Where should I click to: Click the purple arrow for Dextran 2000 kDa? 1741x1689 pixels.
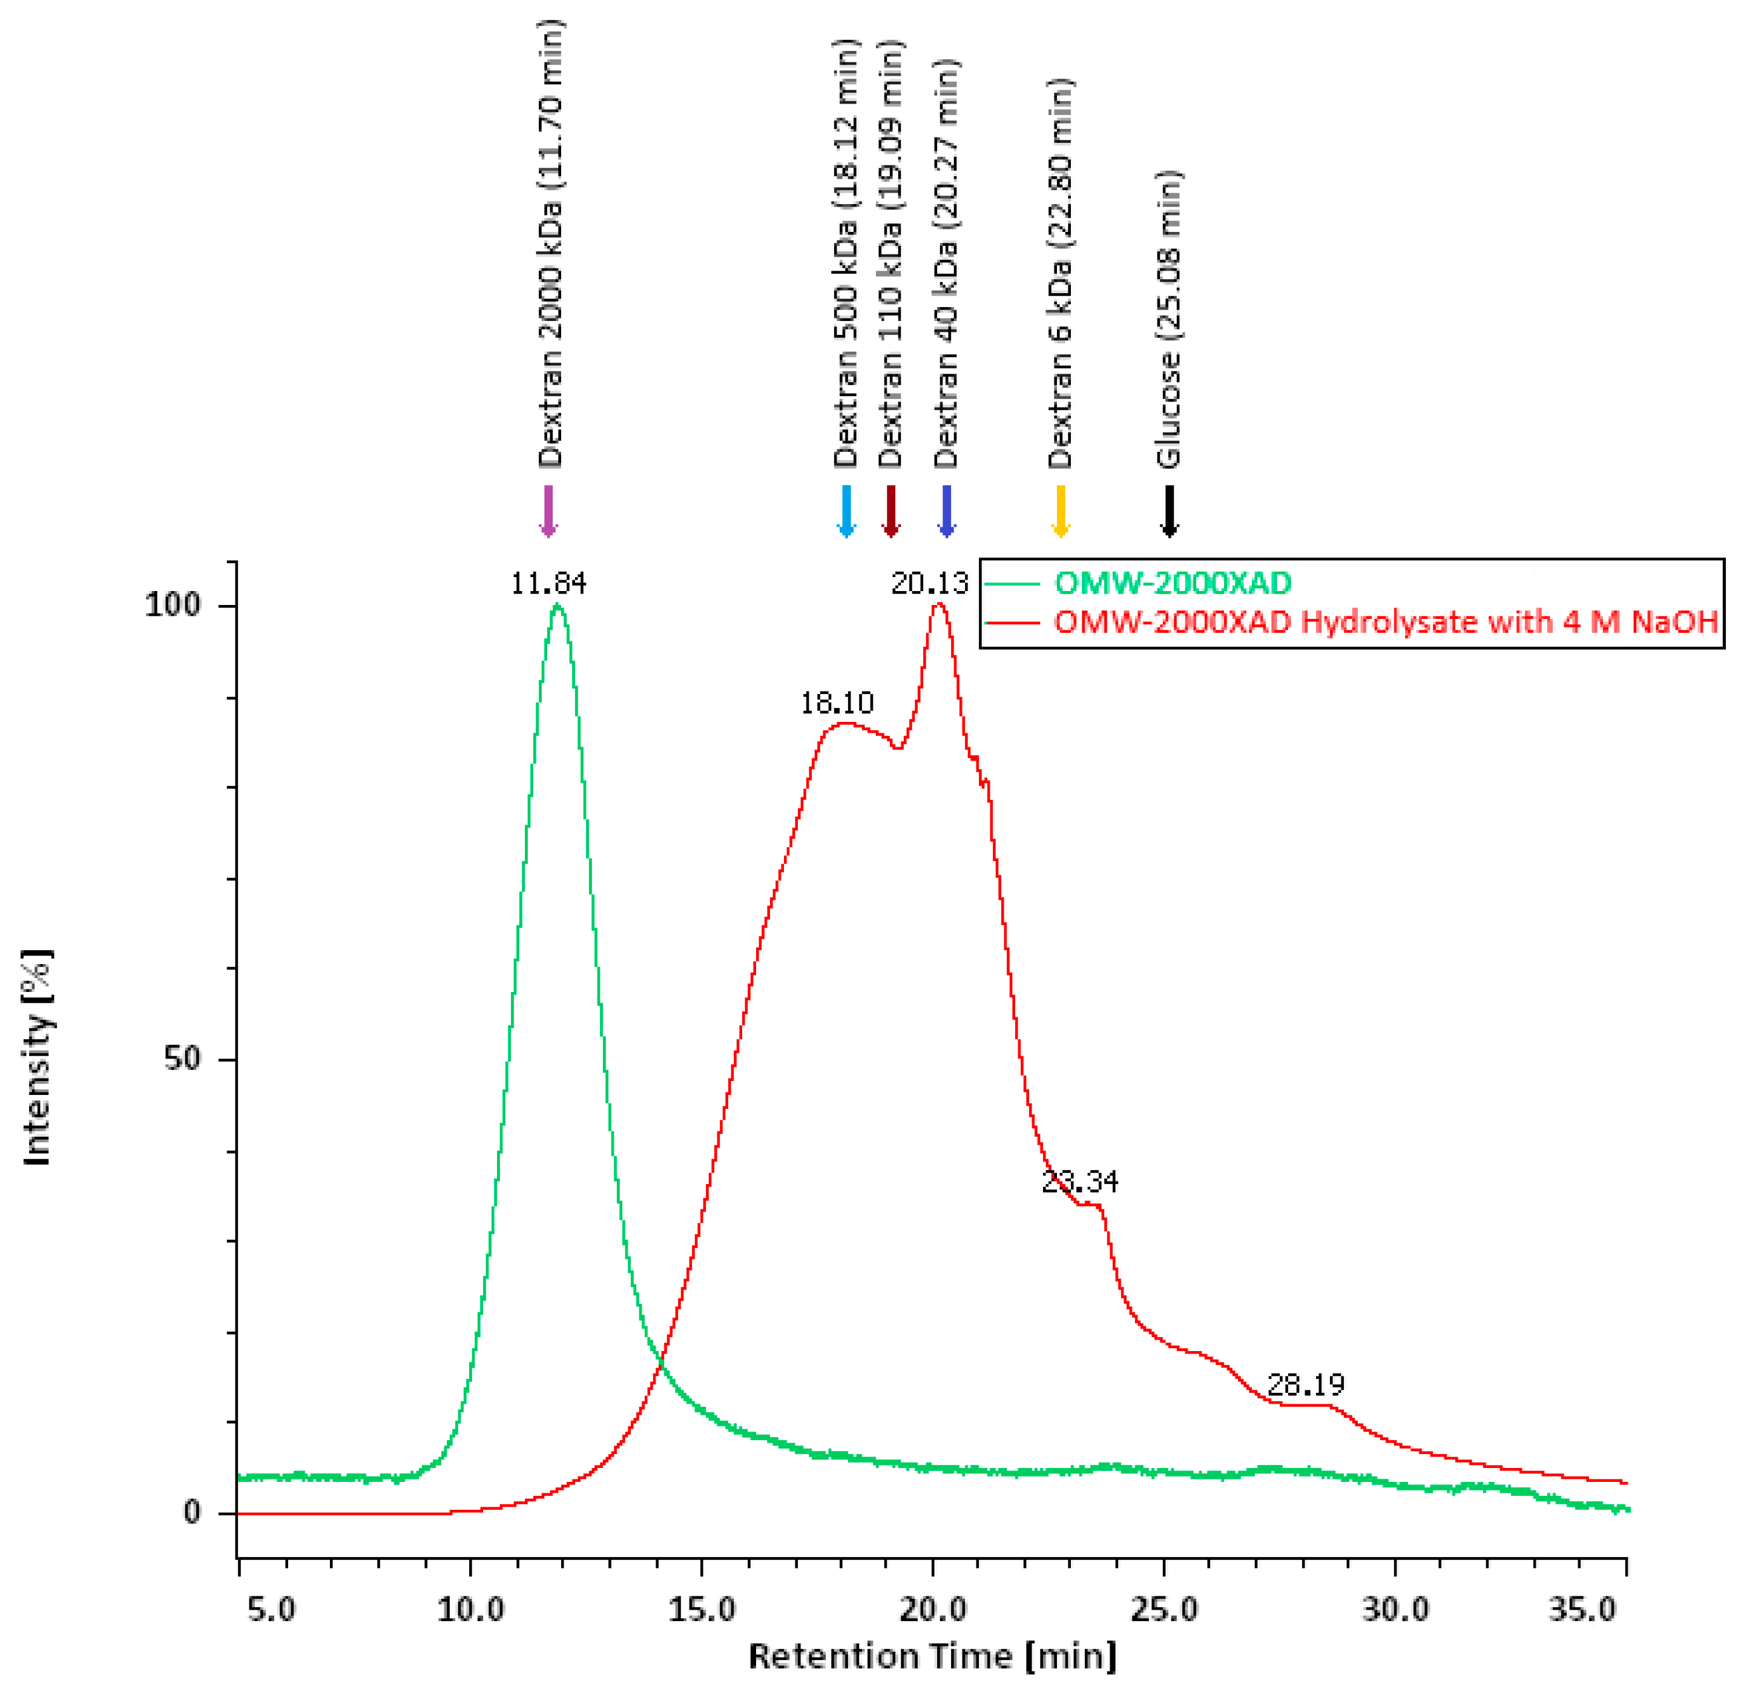pyautogui.click(x=548, y=511)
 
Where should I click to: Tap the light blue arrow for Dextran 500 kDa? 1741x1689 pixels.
pyautogui.click(x=846, y=511)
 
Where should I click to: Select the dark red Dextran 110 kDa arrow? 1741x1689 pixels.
pyautogui.click(x=891, y=511)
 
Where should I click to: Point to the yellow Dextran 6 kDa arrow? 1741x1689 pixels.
pyautogui.click(x=1060, y=511)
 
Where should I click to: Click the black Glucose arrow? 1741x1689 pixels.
pyautogui.click(x=1169, y=511)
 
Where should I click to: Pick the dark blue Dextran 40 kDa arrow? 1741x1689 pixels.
pyautogui.click(x=946, y=511)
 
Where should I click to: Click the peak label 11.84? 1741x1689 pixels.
pyautogui.click(x=548, y=584)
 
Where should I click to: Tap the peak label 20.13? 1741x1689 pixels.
pyautogui.click(x=930, y=584)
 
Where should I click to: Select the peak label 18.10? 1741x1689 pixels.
pyautogui.click(x=837, y=704)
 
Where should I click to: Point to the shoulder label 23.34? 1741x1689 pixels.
pyautogui.click(x=1079, y=1182)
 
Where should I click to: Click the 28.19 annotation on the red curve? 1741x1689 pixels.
pyautogui.click(x=1306, y=1384)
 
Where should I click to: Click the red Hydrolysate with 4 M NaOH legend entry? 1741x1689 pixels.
pyautogui.click(x=1386, y=622)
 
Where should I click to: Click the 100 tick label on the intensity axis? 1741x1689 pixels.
pyautogui.click(x=173, y=606)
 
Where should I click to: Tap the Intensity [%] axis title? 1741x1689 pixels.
pyautogui.click(x=38, y=1057)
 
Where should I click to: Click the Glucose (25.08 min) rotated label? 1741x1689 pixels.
pyautogui.click(x=1169, y=320)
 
